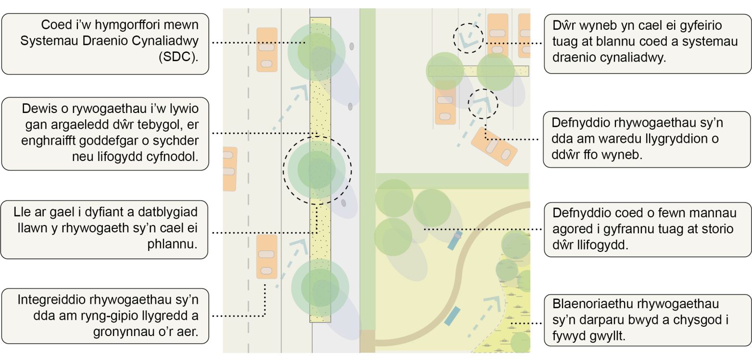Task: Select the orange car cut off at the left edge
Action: tap(229, 169)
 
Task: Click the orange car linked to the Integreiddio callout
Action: tap(267, 257)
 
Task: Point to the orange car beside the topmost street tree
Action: tap(267, 50)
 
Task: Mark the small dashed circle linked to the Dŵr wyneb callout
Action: tap(468, 38)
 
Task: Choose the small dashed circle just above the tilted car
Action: tap(483, 104)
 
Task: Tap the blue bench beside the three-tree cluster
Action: tap(454, 240)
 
